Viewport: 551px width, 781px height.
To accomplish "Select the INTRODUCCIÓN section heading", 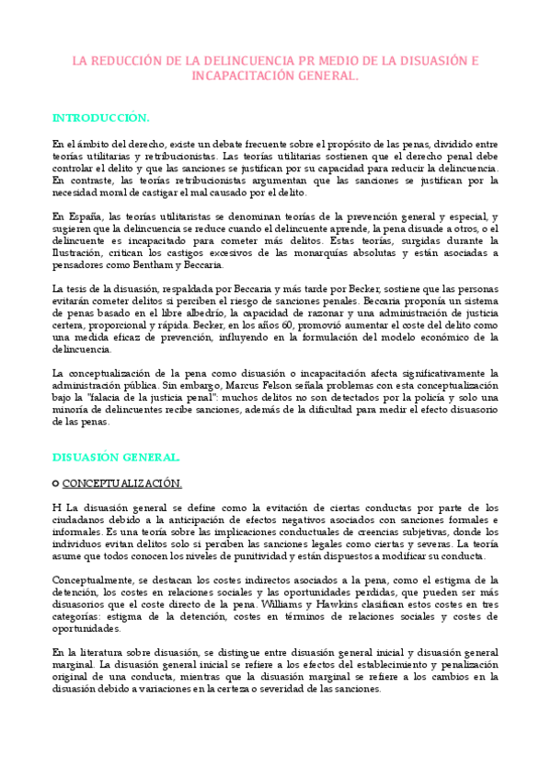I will click(100, 119).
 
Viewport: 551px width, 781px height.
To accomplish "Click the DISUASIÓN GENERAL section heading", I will click(116, 457).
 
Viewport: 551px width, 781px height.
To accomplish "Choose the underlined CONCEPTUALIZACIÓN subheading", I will click(121, 483).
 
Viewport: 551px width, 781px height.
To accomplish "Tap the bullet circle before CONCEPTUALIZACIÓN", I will click(56, 483).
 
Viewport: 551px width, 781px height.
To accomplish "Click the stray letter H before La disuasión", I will click(56, 507).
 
